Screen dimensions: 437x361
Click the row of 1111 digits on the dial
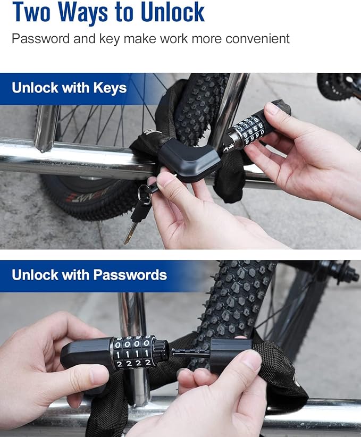click(133, 354)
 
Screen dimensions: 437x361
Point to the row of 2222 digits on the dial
click(133, 363)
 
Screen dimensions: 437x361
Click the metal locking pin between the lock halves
click(189, 351)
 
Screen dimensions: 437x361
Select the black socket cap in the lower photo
click(230, 355)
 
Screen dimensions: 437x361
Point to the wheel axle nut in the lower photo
click(348, 275)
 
